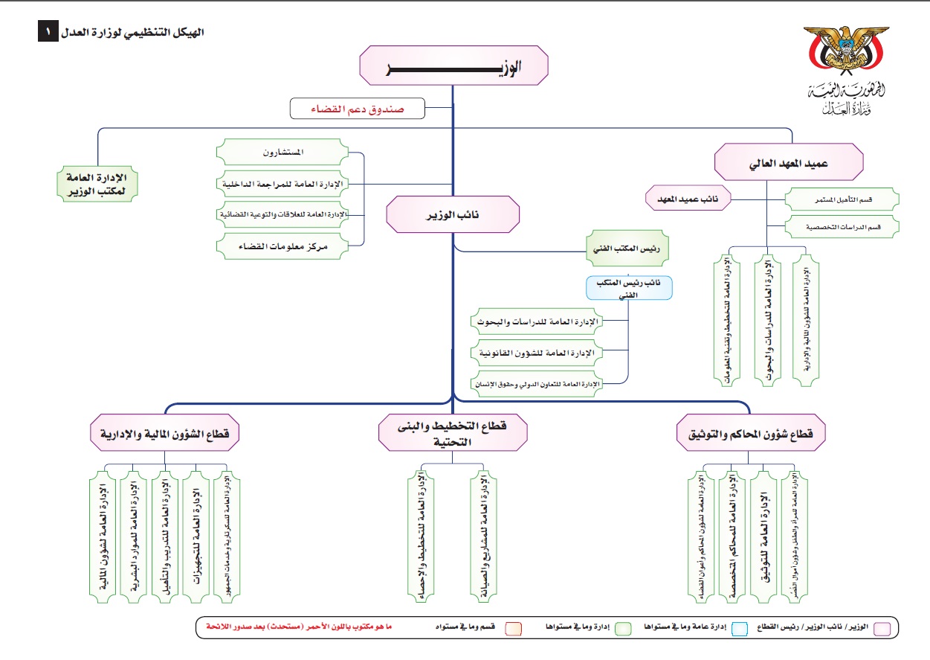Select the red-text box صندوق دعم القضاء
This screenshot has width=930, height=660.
tap(357, 109)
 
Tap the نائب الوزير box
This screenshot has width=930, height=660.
tap(453, 214)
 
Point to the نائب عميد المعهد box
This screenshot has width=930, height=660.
tap(688, 199)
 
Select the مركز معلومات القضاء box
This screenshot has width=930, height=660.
tap(282, 245)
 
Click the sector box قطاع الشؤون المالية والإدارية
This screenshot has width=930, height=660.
tap(164, 435)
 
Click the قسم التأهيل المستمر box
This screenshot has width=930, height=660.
tap(842, 199)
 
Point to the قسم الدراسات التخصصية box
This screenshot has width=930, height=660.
tap(842, 226)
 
